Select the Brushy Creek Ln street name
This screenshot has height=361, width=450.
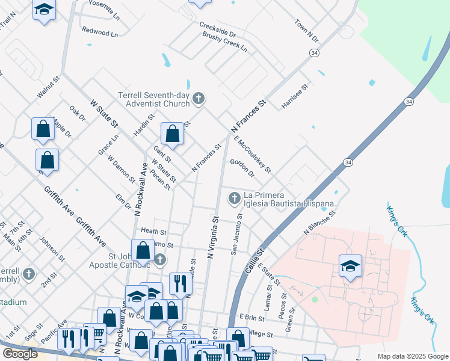pos(224,41)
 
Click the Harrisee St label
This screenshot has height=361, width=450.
pos(295,97)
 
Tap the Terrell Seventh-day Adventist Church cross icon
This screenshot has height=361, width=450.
pos(199,97)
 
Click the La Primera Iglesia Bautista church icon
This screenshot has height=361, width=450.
pos(234,197)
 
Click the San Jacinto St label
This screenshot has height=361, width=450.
pos(236,235)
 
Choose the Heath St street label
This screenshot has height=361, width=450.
pos(153,231)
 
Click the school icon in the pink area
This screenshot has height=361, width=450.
pos(350,265)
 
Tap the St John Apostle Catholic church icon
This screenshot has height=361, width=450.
pos(159,260)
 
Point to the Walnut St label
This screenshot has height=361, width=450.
pos(49,87)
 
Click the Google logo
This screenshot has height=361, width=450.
pos(20,354)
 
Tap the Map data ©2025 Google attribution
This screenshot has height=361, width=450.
pos(411,356)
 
